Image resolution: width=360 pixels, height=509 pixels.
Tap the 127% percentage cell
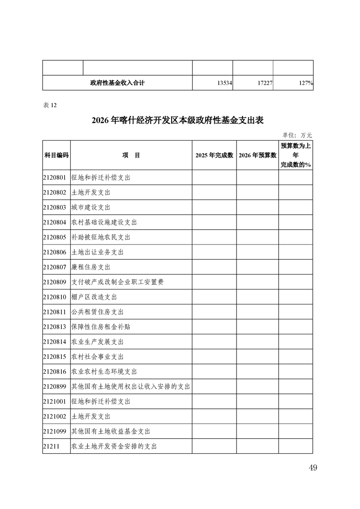[x=303, y=83]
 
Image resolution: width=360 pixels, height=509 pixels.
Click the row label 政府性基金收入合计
[x=118, y=83]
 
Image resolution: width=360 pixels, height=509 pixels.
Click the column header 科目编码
[x=56, y=155]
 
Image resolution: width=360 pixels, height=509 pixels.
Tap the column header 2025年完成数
[x=214, y=155]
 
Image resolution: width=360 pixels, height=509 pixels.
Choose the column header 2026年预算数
[x=257, y=155]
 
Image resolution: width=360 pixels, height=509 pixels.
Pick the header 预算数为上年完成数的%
[x=296, y=155]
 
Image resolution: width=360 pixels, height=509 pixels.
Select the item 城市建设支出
[x=91, y=208]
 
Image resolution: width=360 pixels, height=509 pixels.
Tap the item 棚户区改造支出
[x=94, y=297]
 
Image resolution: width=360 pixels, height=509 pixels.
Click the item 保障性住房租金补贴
[x=101, y=327]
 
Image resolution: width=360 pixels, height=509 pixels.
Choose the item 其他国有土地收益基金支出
[x=111, y=431]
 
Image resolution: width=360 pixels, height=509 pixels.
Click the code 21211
[x=52, y=446]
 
